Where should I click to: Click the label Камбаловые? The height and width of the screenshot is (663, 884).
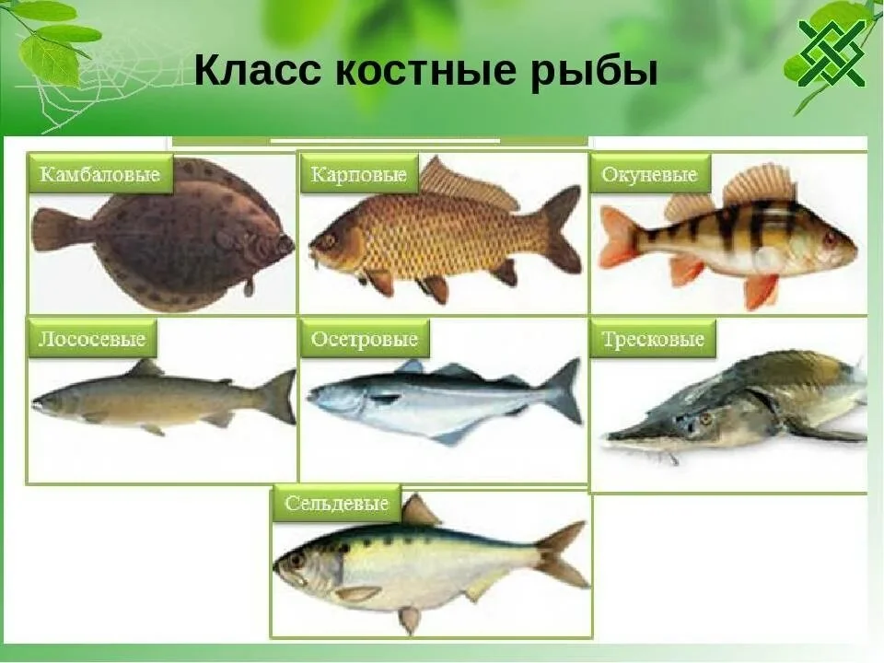click(100, 175)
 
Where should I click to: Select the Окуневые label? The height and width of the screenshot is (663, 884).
click(649, 174)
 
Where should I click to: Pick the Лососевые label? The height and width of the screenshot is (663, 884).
click(92, 340)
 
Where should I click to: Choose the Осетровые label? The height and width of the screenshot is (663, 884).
click(365, 340)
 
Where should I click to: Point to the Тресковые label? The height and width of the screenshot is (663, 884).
click(653, 340)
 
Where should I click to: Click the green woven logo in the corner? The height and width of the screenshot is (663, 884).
click(832, 52)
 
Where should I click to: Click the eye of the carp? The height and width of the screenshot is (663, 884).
click(328, 239)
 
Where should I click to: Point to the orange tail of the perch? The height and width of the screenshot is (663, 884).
click(618, 237)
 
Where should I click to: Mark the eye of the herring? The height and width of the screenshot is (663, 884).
click(297, 559)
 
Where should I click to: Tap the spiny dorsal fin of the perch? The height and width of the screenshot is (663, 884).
click(759, 184)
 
